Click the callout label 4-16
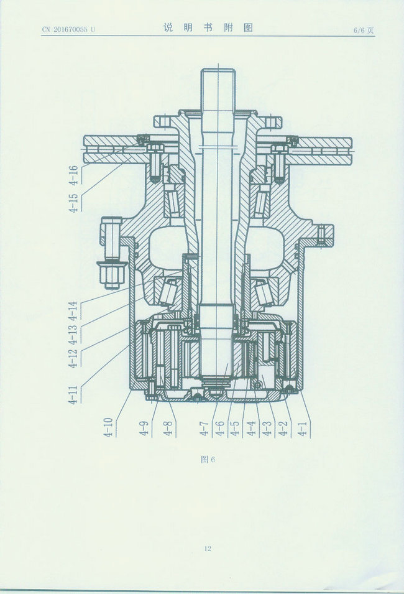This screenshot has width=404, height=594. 73,175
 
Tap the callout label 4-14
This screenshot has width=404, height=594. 73,311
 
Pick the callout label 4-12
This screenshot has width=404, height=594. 73,358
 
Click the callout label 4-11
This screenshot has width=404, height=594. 73,395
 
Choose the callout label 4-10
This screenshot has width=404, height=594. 108,427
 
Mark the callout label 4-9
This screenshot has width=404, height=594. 144,428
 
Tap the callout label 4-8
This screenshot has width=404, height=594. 168,428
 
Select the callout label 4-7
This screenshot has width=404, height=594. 204,428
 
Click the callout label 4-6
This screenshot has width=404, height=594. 219,428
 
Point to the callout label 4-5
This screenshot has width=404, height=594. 235,428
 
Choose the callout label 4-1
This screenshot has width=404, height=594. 303,428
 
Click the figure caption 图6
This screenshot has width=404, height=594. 208,460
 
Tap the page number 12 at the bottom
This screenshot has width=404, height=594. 208,548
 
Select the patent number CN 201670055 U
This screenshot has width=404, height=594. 68,30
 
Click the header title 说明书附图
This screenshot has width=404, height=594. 208,27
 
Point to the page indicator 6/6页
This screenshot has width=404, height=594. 364,30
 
